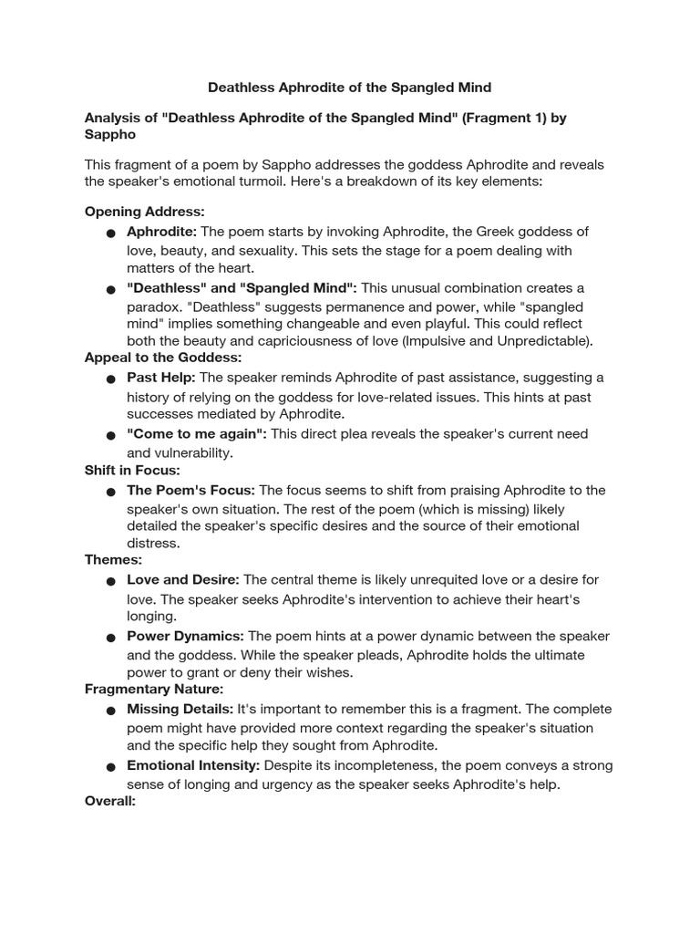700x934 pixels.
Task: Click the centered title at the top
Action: [x=350, y=88]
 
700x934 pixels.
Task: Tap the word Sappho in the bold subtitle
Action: [x=109, y=135]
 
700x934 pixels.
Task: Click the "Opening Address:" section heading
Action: [x=144, y=212]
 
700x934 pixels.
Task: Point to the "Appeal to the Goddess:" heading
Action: [x=163, y=357]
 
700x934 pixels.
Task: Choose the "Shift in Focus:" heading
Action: [x=132, y=470]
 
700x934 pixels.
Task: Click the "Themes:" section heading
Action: [x=113, y=559]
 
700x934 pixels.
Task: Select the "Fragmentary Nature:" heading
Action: [x=154, y=689]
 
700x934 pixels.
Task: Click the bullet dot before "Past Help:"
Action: [x=110, y=379]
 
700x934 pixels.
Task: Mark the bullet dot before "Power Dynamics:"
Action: [x=110, y=638]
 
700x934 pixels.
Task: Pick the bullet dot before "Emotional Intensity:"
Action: [x=110, y=767]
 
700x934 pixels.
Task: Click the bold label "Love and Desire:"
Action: [x=183, y=579]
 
